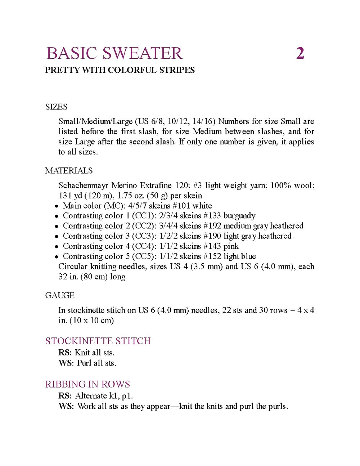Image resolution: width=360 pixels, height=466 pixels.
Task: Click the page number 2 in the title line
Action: click(300, 53)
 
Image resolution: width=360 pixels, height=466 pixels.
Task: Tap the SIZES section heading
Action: click(56, 107)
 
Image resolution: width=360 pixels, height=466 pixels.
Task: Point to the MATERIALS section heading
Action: click(69, 170)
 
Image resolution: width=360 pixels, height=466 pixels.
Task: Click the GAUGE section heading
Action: click(60, 295)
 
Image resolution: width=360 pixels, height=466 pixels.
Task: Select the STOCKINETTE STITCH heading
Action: click(98, 341)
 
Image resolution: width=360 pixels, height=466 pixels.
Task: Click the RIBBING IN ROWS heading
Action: click(87, 384)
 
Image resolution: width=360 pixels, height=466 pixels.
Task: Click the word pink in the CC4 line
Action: click(231, 246)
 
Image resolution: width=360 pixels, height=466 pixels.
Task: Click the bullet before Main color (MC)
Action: click(57, 206)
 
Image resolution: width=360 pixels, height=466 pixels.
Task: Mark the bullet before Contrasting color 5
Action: click(57, 257)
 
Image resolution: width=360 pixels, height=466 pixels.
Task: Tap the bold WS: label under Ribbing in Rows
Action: click(66, 406)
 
